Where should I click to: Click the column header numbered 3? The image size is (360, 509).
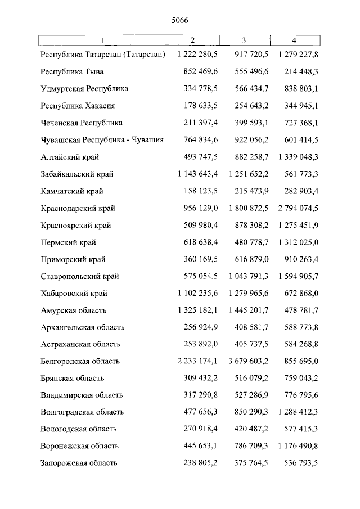[x=244, y=40]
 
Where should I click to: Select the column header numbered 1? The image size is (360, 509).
[x=103, y=40]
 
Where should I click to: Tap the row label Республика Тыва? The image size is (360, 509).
[x=72, y=72]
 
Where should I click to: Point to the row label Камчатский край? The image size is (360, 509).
[x=72, y=191]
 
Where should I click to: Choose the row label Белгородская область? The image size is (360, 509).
[x=80, y=361]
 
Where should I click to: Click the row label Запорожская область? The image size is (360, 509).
[x=79, y=463]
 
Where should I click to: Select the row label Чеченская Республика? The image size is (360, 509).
[x=82, y=123]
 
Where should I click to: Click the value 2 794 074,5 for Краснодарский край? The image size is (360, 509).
[x=298, y=208]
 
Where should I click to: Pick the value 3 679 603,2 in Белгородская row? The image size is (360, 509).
[x=249, y=361]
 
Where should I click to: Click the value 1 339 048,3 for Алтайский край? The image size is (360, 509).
[x=298, y=157]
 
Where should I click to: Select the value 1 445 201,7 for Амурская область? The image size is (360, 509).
[x=249, y=310]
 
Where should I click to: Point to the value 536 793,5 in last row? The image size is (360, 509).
[x=301, y=463]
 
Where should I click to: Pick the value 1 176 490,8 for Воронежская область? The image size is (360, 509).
[x=298, y=446]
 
